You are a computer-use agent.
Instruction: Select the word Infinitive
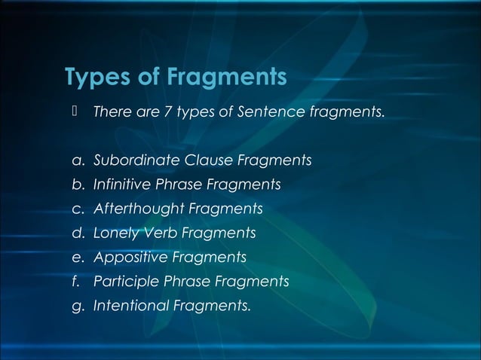tap(121, 185)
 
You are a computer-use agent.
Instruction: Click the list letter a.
tap(77, 161)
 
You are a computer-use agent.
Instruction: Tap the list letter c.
tap(77, 209)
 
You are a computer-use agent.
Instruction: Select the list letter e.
tap(77, 258)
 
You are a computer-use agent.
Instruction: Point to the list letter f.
tap(76, 282)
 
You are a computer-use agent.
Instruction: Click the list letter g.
tap(77, 307)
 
